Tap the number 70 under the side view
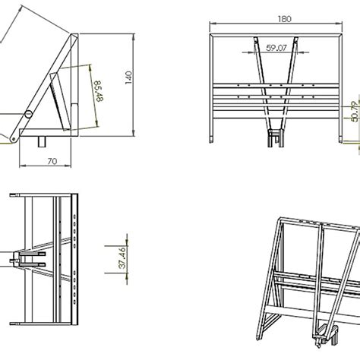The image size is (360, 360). point(52,160)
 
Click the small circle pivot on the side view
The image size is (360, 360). point(28,114)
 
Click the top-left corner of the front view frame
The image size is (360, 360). point(210,36)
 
